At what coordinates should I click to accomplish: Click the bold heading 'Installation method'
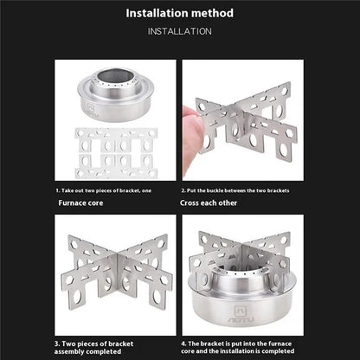click(x=179, y=13)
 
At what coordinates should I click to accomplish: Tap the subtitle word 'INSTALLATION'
click(x=179, y=32)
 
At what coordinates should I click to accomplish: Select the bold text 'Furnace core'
click(x=86, y=203)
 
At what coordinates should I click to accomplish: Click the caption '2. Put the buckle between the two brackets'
click(x=235, y=190)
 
